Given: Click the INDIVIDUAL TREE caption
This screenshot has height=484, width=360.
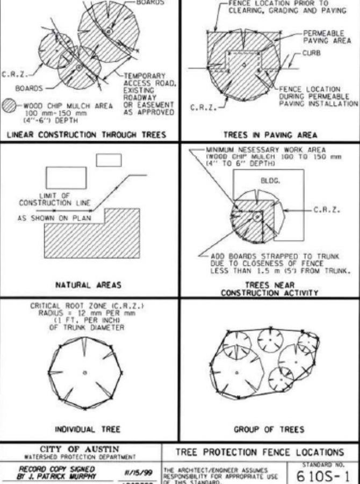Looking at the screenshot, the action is pyautogui.click(x=87, y=429).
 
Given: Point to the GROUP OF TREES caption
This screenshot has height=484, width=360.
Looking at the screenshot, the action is pyautogui.click(x=269, y=429).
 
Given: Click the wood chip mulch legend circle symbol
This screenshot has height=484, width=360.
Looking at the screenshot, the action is pyautogui.click(x=9, y=106).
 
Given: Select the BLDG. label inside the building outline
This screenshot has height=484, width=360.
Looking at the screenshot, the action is pyautogui.click(x=270, y=181).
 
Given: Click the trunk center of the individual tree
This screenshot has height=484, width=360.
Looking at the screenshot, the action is pyautogui.click(x=85, y=372).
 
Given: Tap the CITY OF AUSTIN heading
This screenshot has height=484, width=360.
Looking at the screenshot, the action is pyautogui.click(x=81, y=449).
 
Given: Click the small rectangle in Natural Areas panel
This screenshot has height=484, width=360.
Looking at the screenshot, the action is pyautogui.click(x=108, y=160).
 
